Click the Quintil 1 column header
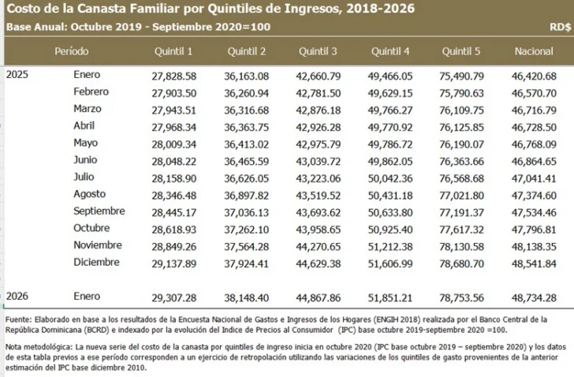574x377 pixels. tap(172, 51)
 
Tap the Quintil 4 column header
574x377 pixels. tap(389, 51)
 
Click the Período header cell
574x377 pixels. tap(72, 51)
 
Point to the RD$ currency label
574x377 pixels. tap(559, 26)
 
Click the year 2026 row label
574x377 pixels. tap(19, 297)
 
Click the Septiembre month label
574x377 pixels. tap(99, 211)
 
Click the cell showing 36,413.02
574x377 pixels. tap(246, 144)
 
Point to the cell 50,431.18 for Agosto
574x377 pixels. tap(389, 196)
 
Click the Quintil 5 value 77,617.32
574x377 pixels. tap(461, 230)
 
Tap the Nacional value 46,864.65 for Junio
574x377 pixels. tap(533, 161)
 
